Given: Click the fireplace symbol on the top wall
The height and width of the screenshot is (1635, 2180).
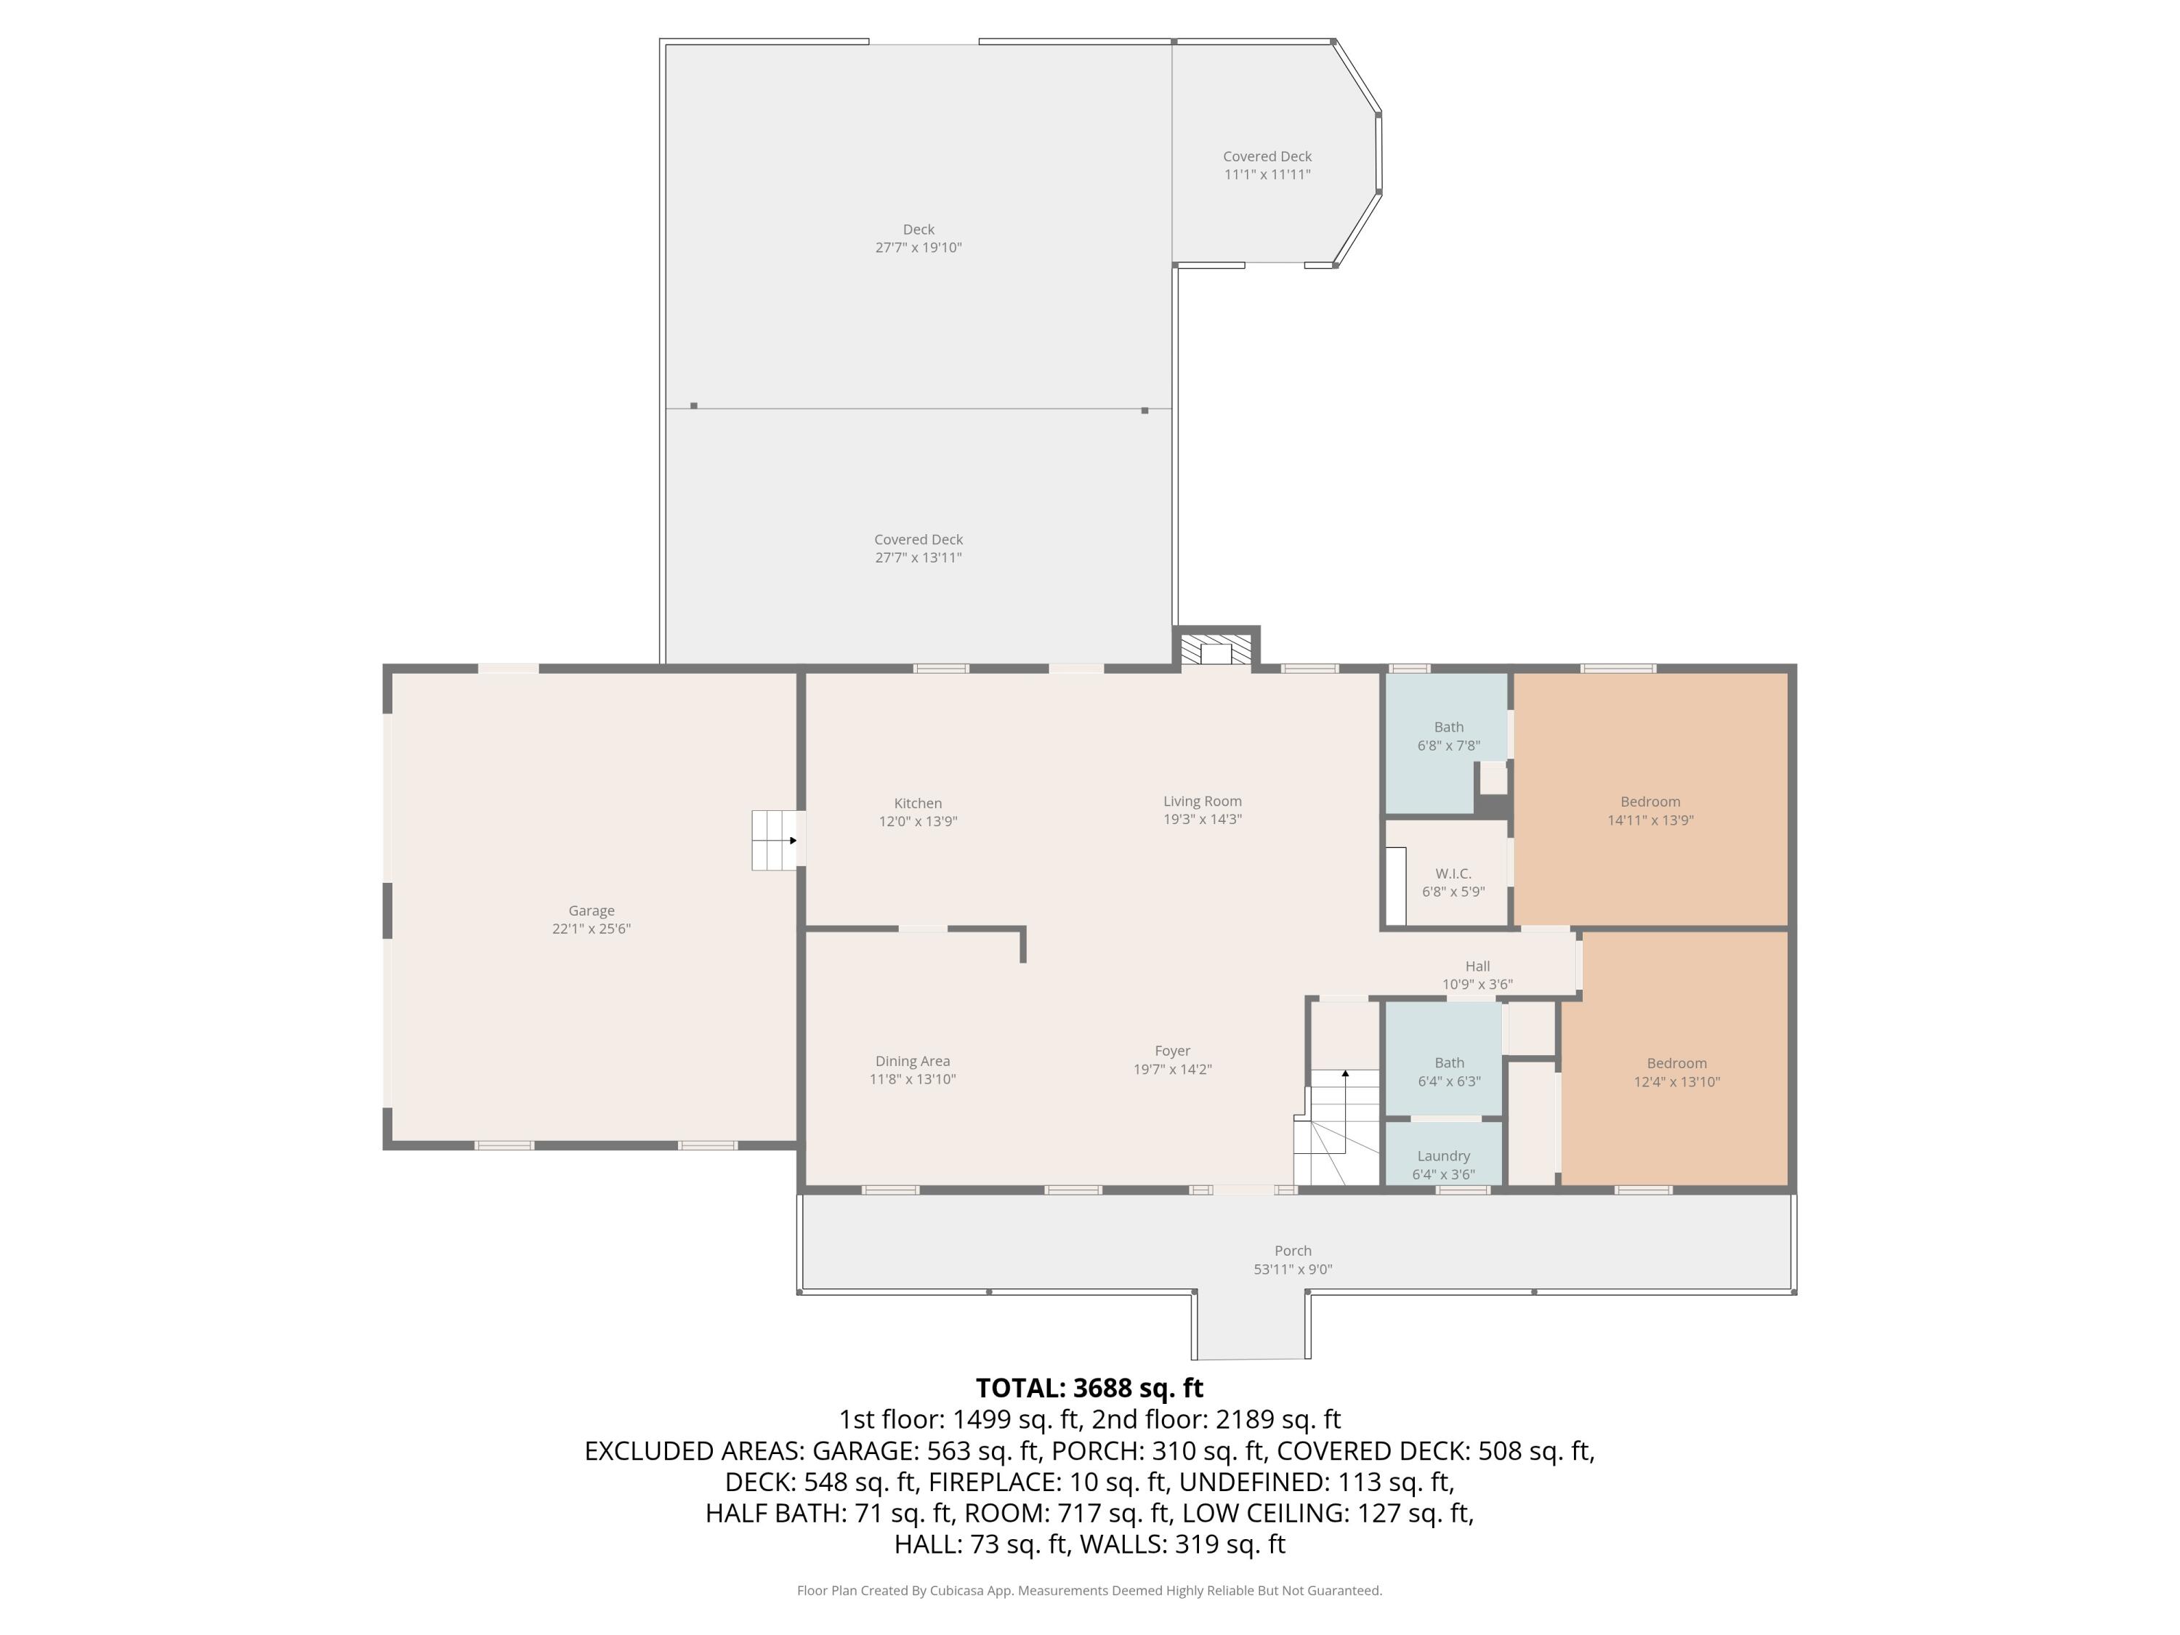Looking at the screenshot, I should [1216, 650].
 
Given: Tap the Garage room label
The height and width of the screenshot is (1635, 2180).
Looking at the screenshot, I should [592, 911].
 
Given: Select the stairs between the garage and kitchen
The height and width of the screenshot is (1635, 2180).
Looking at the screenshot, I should [775, 840].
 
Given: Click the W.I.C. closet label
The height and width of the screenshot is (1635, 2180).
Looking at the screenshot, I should [1453, 873].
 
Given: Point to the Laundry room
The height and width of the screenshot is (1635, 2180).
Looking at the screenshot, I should [1443, 1156].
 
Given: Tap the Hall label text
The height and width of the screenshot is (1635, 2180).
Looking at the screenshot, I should [1477, 966].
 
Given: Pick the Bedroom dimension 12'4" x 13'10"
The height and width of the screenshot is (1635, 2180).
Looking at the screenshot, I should [1676, 1081].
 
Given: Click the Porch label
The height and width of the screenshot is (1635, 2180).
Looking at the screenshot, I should [1292, 1251].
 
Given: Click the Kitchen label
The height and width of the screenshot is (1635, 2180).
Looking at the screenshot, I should [918, 803].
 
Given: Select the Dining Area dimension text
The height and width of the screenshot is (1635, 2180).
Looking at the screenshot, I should [912, 1079].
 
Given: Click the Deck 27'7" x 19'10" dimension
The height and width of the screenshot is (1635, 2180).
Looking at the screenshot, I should [918, 247].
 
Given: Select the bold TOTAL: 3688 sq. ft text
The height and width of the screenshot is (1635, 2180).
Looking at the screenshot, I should [1089, 1388].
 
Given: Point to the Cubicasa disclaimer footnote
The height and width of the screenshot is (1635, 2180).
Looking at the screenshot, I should [1089, 1591].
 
